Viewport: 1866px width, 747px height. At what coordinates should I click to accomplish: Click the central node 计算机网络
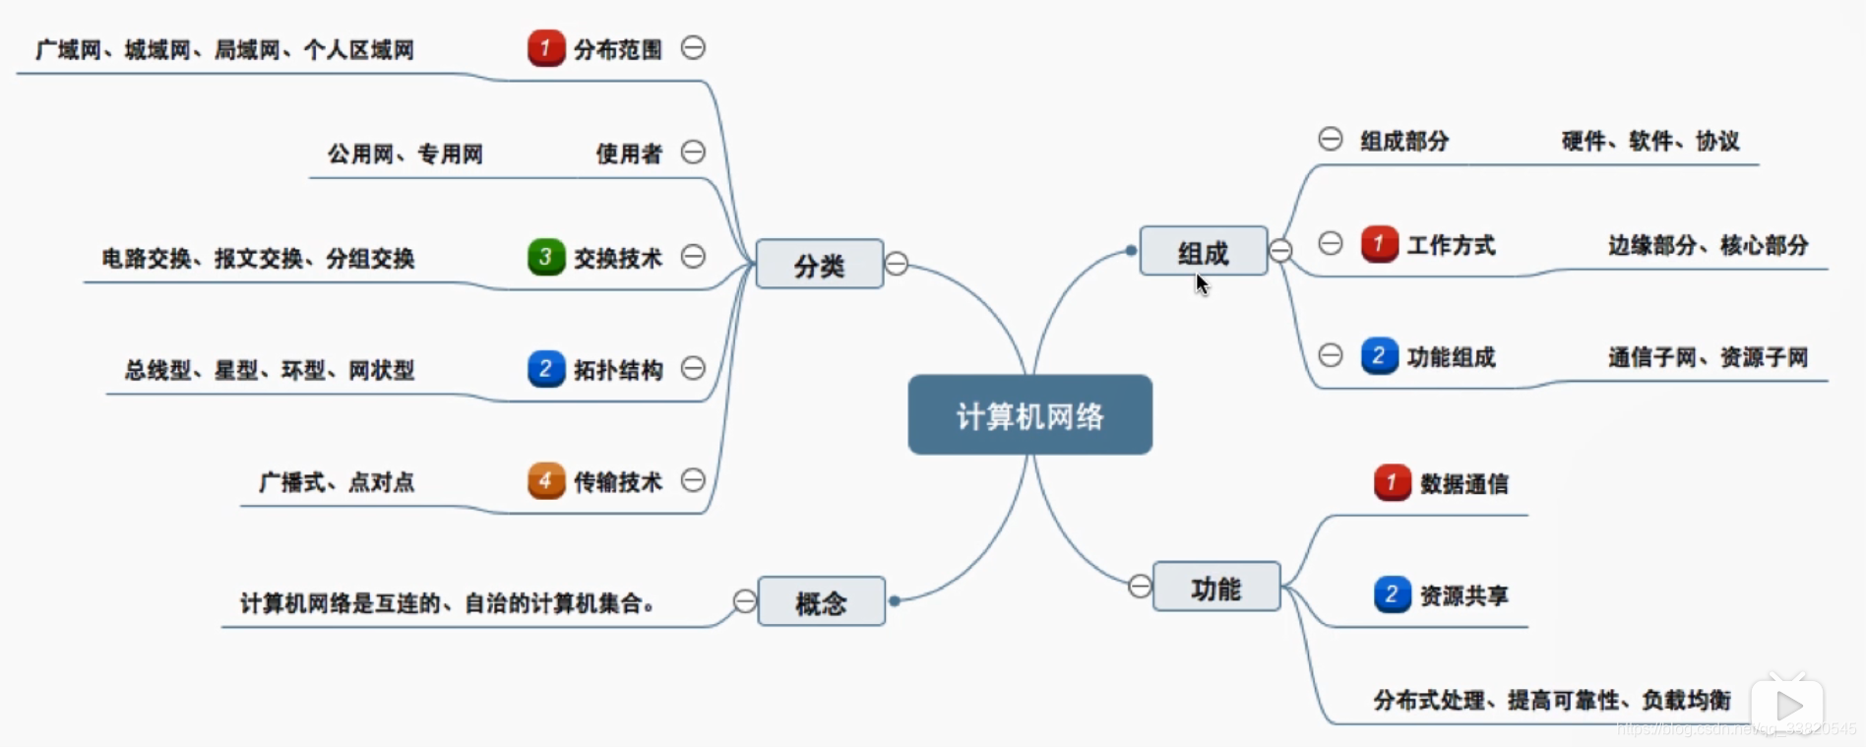click(1029, 415)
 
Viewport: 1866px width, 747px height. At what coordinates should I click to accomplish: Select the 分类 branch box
click(819, 264)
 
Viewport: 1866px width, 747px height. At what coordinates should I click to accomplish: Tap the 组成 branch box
click(1203, 251)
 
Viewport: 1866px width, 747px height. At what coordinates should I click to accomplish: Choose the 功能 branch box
click(1215, 588)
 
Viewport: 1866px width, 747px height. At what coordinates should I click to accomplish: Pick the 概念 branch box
click(821, 601)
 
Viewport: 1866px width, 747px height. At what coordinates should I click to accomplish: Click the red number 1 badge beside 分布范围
click(545, 48)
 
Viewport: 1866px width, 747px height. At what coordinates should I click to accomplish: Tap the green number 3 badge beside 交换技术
click(545, 257)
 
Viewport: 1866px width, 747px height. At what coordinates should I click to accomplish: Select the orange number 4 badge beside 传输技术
click(545, 480)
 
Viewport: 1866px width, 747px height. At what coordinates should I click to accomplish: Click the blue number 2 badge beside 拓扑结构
click(545, 369)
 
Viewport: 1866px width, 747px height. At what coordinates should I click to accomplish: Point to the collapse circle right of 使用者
click(693, 153)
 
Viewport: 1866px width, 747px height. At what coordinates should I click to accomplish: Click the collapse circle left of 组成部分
click(1330, 139)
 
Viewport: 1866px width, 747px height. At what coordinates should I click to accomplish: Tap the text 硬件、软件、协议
click(1650, 141)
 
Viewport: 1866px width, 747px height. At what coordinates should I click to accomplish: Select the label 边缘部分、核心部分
click(1708, 245)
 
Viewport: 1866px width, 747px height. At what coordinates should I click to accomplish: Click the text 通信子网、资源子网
click(1708, 357)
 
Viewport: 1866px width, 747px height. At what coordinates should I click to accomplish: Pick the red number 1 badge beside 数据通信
click(1392, 482)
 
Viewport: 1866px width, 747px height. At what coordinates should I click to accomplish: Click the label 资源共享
click(1463, 595)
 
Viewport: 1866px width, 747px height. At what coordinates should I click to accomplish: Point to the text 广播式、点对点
click(337, 482)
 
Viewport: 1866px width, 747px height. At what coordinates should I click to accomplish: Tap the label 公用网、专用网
click(405, 154)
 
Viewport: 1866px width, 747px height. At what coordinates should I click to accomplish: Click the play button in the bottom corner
click(1788, 705)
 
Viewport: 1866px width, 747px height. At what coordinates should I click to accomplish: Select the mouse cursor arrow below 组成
click(1202, 284)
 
